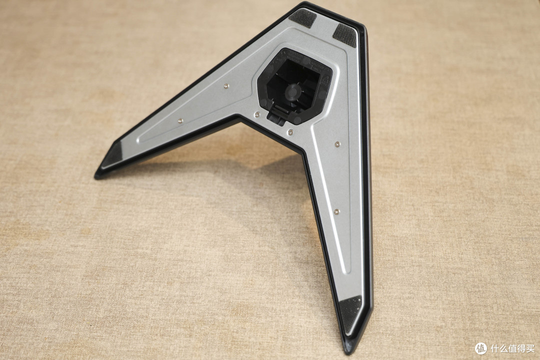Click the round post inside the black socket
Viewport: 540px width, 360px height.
(291, 92)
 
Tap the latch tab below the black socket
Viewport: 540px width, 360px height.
(277, 113)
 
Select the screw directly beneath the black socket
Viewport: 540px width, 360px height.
(291, 131)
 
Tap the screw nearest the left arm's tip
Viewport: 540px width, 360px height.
(180, 121)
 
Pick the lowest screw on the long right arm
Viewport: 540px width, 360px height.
(337, 211)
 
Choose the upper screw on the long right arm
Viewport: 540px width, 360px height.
(337, 143)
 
